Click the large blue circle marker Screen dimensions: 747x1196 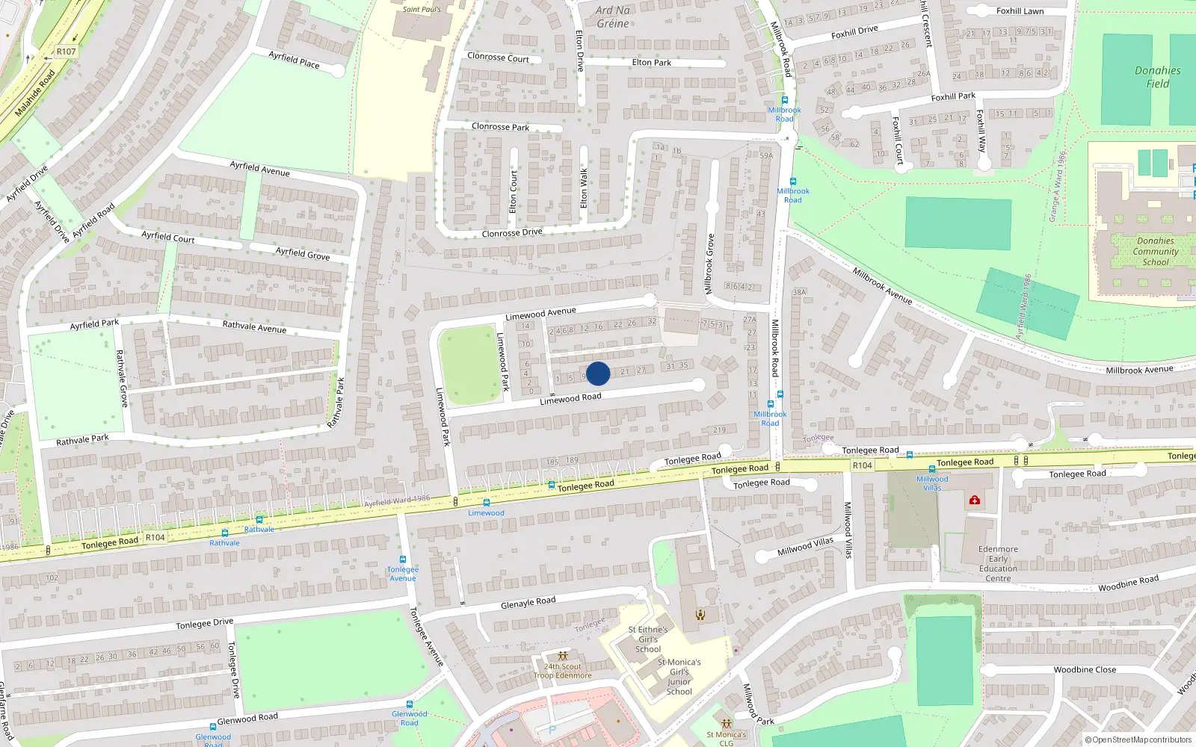598,373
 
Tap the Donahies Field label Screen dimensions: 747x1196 1157,77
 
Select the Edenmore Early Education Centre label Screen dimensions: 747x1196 998,564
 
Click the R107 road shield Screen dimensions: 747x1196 66,52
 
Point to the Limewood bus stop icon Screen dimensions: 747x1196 487,503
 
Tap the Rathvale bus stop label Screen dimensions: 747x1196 224,543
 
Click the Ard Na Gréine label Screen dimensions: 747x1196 613,16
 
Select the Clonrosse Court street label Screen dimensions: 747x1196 498,57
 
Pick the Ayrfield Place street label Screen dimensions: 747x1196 294,59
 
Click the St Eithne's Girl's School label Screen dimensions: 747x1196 648,639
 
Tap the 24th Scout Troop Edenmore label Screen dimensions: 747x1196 563,671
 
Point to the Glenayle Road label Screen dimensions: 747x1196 528,603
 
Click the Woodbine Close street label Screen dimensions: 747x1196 1085,670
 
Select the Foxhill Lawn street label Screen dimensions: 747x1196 1020,11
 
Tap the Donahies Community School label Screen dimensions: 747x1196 1156,252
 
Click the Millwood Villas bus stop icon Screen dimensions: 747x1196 932,469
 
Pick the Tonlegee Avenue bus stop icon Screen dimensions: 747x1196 403,560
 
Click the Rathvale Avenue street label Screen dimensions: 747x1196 254,326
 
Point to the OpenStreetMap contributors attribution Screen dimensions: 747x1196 1138,740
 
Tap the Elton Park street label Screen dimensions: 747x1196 651,63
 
